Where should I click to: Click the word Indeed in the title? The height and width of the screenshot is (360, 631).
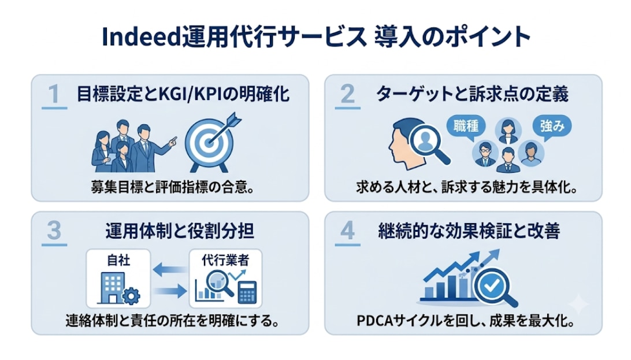click(141, 36)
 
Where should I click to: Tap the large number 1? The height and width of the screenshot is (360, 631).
click(54, 94)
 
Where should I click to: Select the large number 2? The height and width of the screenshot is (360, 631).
click(347, 94)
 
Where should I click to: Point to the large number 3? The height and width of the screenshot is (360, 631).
click(54, 231)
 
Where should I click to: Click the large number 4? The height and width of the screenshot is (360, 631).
click(348, 231)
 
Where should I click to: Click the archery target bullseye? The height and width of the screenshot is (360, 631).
click(209, 142)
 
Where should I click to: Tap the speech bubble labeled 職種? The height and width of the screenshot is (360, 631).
click(466, 127)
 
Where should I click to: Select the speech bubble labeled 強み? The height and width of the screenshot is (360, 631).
click(552, 127)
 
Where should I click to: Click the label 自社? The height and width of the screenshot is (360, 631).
click(118, 260)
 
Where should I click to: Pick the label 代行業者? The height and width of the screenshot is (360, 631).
click(225, 260)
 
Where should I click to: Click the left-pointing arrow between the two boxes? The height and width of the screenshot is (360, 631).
click(169, 269)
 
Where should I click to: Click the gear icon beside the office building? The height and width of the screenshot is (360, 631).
click(131, 296)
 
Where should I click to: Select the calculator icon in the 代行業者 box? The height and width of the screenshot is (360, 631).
click(247, 292)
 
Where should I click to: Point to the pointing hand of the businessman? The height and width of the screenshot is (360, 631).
click(172, 142)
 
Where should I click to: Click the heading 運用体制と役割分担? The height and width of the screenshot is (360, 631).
click(180, 231)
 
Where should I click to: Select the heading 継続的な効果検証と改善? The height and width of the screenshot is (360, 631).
click(469, 231)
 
